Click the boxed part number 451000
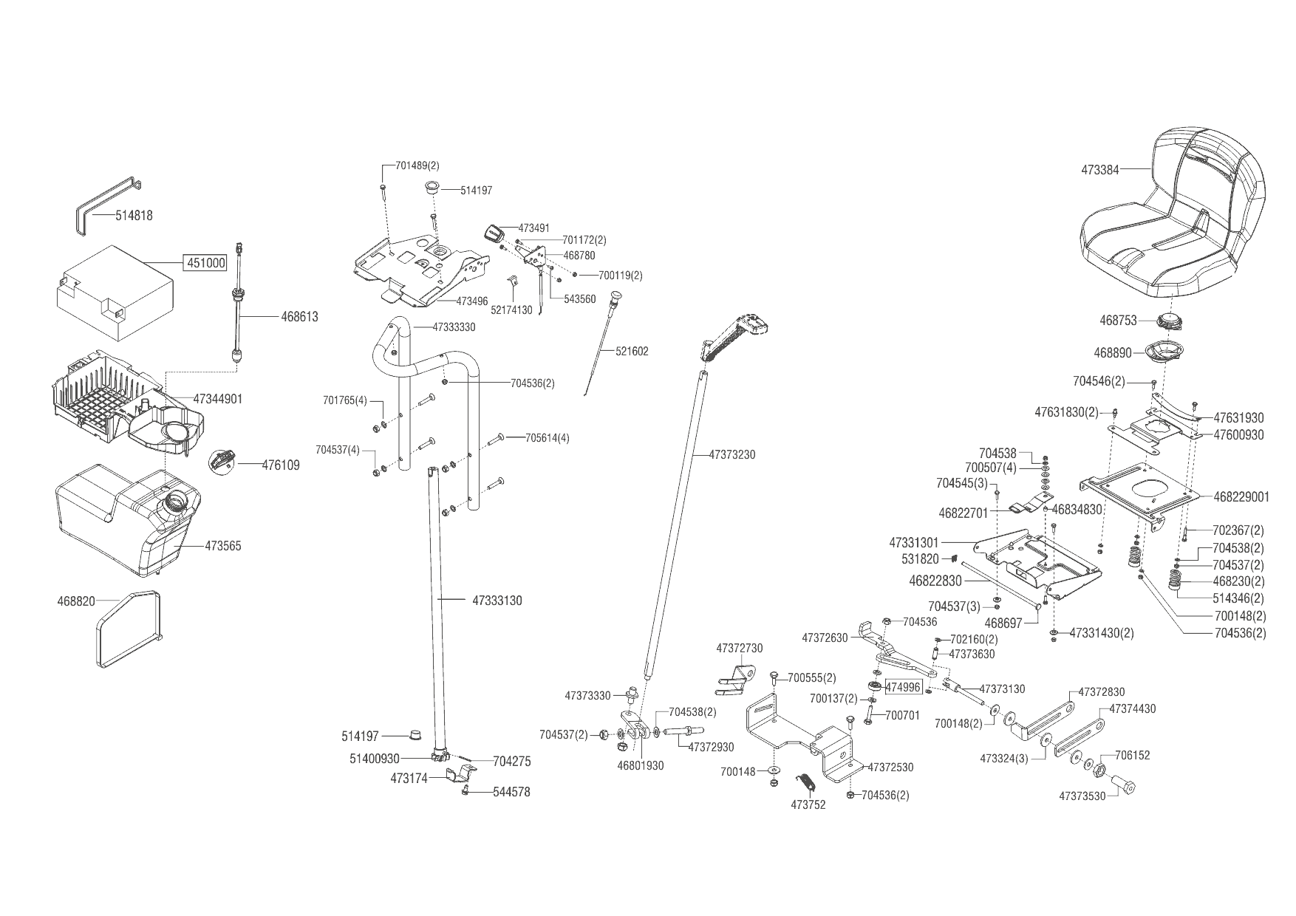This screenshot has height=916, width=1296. click(205, 263)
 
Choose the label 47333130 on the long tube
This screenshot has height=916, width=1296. click(497, 601)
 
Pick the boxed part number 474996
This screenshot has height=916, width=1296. click(903, 687)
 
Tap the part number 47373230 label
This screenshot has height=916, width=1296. click(731, 455)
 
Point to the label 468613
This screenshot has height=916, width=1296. click(299, 317)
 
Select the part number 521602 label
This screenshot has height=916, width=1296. click(632, 352)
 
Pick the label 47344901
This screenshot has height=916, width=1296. click(218, 399)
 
